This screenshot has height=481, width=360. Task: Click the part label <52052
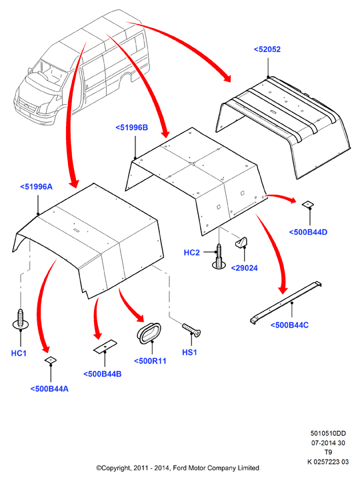point(267,49)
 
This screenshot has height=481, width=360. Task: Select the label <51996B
point(132,127)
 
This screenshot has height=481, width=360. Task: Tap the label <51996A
point(36,187)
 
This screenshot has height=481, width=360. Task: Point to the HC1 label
point(19,353)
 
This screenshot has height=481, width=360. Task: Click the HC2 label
point(191,252)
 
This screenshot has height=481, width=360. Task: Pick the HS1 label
point(189,352)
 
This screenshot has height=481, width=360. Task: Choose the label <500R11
point(150,361)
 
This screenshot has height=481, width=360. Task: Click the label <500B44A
point(49,389)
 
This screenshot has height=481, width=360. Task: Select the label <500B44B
point(103,374)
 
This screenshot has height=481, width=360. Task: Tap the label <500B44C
point(289,325)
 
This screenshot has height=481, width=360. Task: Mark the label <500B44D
point(308,232)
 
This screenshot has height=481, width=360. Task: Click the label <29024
point(244,268)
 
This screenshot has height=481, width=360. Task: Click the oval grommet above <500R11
point(149,333)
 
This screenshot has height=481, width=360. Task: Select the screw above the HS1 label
point(191,330)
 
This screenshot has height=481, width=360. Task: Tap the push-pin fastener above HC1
point(21,319)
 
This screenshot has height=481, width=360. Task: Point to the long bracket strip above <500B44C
point(285,303)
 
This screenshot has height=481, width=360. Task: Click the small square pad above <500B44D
point(308,204)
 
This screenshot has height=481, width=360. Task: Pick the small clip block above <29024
point(241,242)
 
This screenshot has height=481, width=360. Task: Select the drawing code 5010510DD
point(328,433)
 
